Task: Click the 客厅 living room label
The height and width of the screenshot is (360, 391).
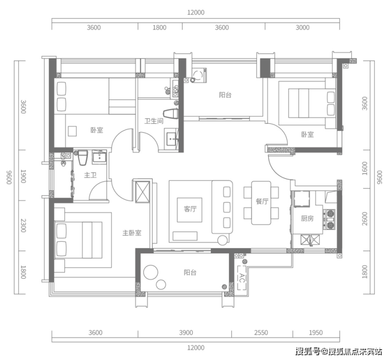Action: click(x=190, y=209)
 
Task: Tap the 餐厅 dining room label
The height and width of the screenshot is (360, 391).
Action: click(x=262, y=201)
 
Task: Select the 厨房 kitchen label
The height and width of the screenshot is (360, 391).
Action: click(x=307, y=218)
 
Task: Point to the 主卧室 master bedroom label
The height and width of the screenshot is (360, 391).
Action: click(x=132, y=233)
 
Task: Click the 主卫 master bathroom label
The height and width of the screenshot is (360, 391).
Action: click(x=90, y=175)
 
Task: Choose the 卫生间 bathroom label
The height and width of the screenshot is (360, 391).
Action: click(x=154, y=121)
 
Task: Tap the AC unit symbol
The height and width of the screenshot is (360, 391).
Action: click(x=241, y=278)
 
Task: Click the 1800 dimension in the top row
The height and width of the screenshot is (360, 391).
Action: click(x=160, y=27)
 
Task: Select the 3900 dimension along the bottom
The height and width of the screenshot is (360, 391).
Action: click(x=186, y=333)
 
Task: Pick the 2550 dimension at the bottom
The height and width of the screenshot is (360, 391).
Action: click(x=261, y=333)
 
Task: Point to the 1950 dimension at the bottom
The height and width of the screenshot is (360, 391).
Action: click(x=315, y=333)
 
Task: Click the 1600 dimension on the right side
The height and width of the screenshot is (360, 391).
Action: click(x=365, y=169)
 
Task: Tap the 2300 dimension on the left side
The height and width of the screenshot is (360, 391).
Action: click(x=23, y=225)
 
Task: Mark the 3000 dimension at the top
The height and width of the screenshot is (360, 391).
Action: click(x=302, y=27)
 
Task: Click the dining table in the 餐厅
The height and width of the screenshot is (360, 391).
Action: click(x=261, y=203)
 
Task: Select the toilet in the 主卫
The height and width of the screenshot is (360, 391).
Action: click(x=83, y=158)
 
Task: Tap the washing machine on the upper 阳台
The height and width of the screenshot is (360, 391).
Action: click(x=199, y=75)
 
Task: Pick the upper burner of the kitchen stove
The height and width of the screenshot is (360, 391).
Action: click(x=330, y=214)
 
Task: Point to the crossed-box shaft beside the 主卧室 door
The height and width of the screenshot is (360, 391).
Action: click(x=142, y=191)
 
